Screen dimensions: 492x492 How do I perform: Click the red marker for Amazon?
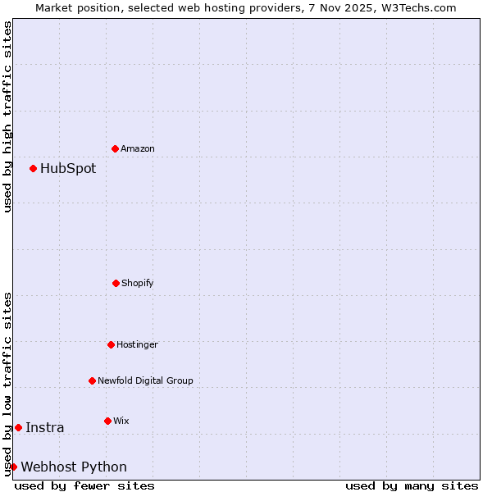[x=115, y=148]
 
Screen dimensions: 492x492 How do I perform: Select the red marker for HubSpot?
[x=33, y=168]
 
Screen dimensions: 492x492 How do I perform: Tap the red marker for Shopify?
[x=116, y=283]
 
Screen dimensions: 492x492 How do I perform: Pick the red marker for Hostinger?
[x=111, y=344]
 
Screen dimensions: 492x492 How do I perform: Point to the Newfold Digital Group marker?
[x=92, y=380]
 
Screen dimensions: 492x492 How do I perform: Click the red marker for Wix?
[x=107, y=421]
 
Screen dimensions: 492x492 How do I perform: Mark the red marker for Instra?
[x=18, y=427]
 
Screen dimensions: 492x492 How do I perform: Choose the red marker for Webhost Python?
[x=13, y=467]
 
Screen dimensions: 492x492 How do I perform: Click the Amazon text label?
[x=138, y=148]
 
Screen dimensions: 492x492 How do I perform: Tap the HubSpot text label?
[x=68, y=168]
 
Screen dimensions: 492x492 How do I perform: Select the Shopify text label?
[x=138, y=283]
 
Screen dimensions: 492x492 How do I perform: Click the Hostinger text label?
[x=137, y=344]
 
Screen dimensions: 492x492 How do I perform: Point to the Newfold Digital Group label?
[x=145, y=380]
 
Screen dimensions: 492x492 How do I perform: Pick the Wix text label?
[x=121, y=421]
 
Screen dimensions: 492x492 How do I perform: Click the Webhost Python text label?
[x=74, y=467]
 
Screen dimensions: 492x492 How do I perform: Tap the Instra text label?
[x=45, y=427]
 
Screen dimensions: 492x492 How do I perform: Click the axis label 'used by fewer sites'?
[x=84, y=485]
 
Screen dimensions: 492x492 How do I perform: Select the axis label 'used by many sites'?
[x=412, y=485]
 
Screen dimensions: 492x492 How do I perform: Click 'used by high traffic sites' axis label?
[x=7, y=116]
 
